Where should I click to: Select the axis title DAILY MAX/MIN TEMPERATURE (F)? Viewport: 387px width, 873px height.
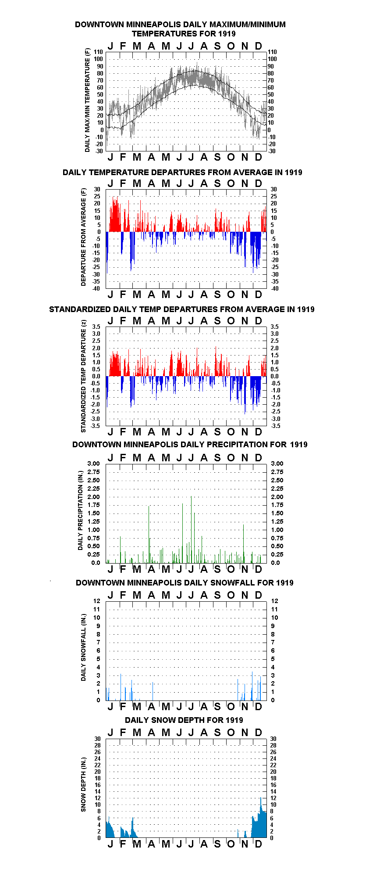[87, 101]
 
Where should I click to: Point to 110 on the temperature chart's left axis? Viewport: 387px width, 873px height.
[99, 52]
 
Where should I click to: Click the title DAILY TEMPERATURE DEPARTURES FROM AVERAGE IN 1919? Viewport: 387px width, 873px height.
[182, 172]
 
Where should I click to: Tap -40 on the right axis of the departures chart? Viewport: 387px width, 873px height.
[274, 288]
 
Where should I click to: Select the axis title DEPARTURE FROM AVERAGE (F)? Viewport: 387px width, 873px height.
[84, 237]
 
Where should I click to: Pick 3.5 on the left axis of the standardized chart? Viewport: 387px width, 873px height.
[96, 327]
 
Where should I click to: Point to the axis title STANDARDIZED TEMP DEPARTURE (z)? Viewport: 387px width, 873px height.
[83, 376]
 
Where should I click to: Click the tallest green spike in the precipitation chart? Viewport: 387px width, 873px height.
[191, 529]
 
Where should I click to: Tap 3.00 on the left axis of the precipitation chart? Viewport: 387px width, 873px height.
[94, 463]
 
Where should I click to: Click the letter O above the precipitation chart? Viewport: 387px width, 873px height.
[231, 458]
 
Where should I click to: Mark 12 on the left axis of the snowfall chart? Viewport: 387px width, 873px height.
[97, 601]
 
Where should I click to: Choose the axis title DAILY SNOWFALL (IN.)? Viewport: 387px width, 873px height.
[83, 647]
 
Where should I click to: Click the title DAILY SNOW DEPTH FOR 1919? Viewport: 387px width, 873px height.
[184, 720]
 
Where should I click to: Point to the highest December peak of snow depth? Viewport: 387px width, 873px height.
[260, 798]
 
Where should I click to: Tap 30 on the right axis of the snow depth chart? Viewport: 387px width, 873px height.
[273, 739]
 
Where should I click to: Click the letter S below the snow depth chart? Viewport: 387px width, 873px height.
[217, 844]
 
